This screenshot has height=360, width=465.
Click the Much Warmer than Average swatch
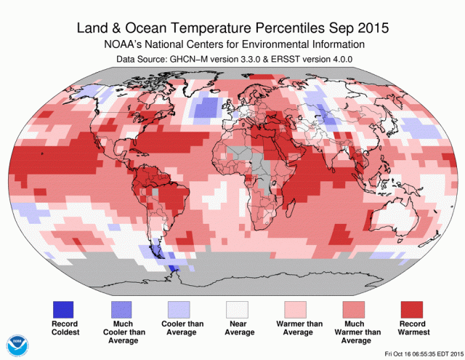coord(355,308)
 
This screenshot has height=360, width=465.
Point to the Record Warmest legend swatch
coord(412,308)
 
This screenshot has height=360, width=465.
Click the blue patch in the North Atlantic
coord(208,108)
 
